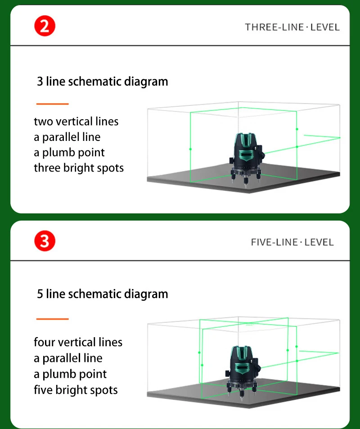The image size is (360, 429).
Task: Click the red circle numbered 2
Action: click(x=45, y=26)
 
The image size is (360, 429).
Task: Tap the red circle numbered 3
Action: click(x=45, y=241)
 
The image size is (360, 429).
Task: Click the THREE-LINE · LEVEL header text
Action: click(x=292, y=27)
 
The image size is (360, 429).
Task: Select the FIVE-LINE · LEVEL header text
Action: click(x=292, y=242)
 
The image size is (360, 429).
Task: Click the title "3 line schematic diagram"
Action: click(x=102, y=81)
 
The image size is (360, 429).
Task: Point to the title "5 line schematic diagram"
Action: click(x=102, y=294)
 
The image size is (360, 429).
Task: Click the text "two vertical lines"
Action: click(x=76, y=122)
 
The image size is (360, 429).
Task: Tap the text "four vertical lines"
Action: click(x=78, y=342)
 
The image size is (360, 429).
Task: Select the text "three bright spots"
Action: click(x=79, y=168)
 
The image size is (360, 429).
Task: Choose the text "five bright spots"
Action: click(x=76, y=390)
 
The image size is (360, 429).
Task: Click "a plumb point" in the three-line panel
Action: click(x=69, y=153)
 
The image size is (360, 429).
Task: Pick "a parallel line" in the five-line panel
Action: click(x=68, y=358)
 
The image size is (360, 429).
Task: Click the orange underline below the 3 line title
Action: click(x=52, y=104)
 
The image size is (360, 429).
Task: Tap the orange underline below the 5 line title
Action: click(x=52, y=319)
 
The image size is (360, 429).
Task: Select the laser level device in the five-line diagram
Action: click(x=243, y=373)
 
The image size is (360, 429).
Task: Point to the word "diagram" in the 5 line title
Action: click(x=146, y=294)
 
